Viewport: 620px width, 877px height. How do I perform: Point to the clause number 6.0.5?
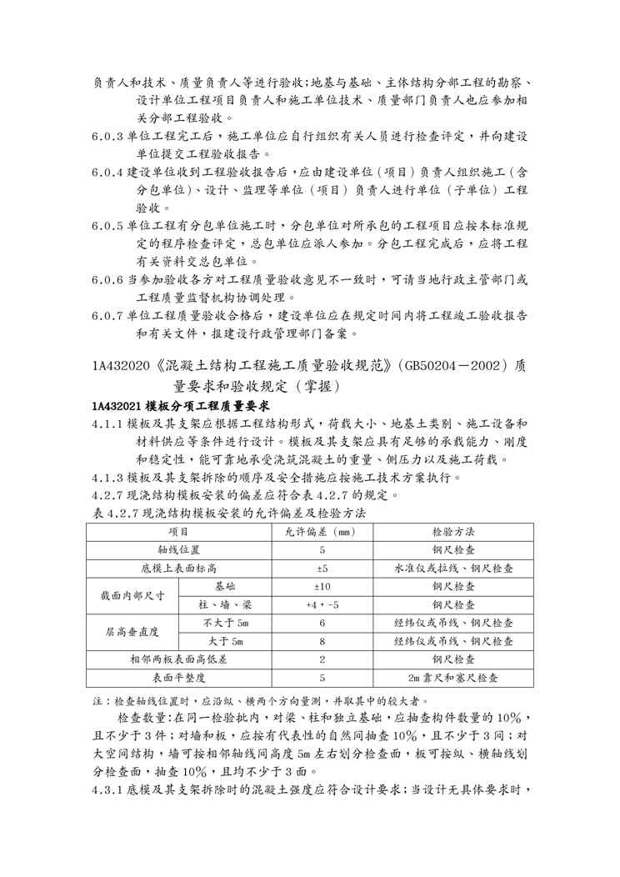pos(108,225)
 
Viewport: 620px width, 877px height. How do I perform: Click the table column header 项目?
pos(178,531)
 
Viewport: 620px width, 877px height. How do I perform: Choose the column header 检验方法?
pos(453,531)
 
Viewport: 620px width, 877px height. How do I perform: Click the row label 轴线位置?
pos(178,550)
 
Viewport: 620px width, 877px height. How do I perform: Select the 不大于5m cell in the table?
pos(224,623)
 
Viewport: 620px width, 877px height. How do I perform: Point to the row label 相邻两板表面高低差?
pos(178,659)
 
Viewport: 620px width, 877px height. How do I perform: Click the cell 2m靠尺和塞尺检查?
pos(453,678)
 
